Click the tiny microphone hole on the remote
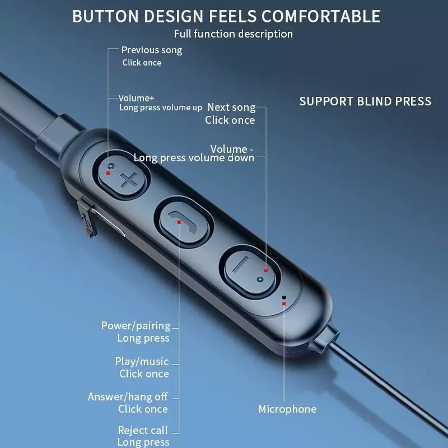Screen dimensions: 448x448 284,297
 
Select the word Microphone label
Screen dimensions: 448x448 287,409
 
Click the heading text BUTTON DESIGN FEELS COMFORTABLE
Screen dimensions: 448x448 226,16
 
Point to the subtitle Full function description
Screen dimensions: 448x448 233,34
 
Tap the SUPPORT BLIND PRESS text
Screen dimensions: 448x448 365,101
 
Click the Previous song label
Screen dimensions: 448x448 152,50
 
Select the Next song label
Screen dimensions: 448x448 231,107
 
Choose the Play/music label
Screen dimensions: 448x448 142,362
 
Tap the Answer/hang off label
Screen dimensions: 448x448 128,396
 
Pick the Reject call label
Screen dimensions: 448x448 142,430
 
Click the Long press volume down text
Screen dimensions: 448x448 194,158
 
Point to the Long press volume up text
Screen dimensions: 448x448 161,108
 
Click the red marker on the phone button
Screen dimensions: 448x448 179,222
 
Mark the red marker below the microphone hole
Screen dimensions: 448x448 284,304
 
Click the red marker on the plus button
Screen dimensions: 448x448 108,173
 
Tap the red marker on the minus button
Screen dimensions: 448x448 266,271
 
